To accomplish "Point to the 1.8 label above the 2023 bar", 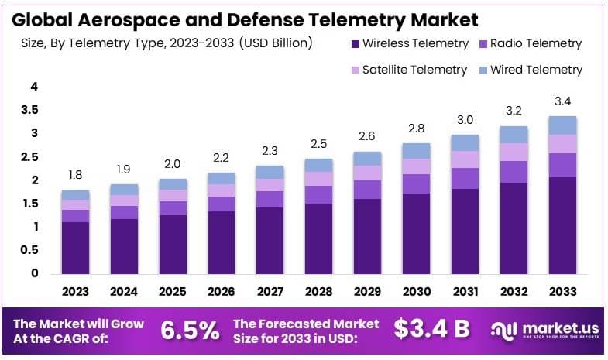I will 75,175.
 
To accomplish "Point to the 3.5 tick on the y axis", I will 29,111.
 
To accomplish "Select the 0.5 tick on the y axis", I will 29,250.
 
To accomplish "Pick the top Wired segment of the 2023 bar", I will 75,195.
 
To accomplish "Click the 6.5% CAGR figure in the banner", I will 190,330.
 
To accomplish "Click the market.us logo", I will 542,330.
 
